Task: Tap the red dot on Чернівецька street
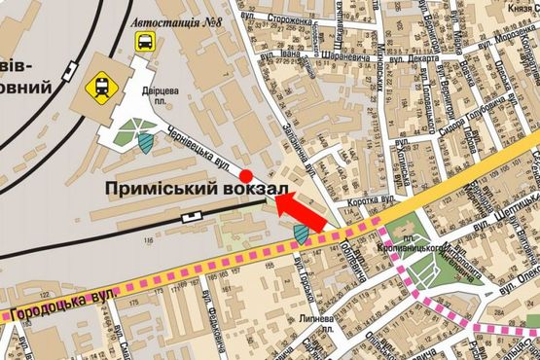pyautogui.click(x=246, y=175)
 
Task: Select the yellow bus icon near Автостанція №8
pyautogui.click(x=145, y=42)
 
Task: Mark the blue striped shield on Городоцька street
pyautogui.click(x=302, y=234)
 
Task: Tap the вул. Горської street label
pyautogui.click(x=306, y=281)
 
